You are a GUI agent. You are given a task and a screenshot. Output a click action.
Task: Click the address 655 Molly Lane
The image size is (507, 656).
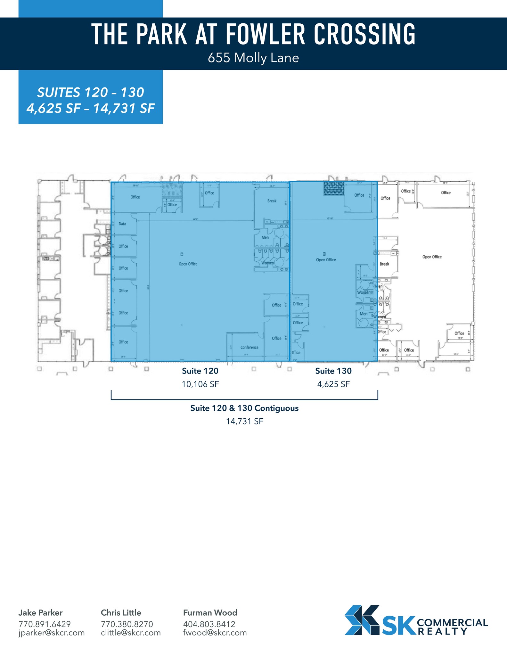pos(253,58)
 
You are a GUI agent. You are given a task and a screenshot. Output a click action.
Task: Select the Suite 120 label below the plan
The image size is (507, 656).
pos(200,371)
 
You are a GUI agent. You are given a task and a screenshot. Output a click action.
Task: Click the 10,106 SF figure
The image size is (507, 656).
pos(200,384)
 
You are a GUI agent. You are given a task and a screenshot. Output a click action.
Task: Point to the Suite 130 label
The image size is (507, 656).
pos(333,371)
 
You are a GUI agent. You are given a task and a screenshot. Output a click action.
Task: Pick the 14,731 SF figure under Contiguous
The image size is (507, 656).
pos(244,421)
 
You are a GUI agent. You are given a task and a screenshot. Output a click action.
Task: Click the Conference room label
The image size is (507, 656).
pos(249,347)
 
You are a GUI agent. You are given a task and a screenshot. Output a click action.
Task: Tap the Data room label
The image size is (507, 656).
pos(122,224)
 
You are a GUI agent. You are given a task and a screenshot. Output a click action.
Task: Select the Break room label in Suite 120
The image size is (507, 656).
pos(272,201)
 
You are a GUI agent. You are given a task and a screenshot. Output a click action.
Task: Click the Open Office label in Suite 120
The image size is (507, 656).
pos(188,264)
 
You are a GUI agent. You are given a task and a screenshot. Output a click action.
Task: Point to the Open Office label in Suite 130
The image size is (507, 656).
pos(326,260)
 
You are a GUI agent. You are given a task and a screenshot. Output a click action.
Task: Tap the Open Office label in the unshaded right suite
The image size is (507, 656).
pos(432,257)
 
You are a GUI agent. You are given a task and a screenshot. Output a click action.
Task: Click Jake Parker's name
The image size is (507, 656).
pos(40,613)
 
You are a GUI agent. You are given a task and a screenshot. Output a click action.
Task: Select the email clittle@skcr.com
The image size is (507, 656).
pos(131,633)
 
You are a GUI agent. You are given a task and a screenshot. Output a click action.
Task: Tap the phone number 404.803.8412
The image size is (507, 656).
pos(209,624)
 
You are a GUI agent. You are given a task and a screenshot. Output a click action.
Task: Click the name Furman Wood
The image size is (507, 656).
pos(210,613)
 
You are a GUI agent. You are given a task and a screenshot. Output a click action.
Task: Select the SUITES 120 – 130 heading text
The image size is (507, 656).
pos(91,93)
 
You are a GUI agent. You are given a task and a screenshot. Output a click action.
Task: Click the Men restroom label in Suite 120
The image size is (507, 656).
pos(265,237)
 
